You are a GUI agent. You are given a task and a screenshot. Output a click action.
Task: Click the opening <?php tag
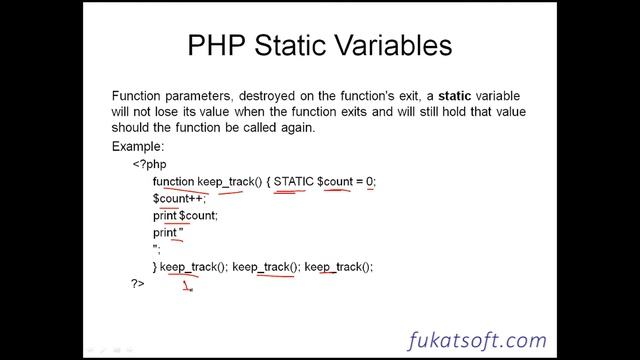pos(150,164)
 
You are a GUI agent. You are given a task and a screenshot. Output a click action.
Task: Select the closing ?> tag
pos(138,284)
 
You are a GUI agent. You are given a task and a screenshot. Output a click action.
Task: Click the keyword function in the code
pos(173,181)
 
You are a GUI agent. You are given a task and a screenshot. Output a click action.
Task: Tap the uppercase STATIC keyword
pos(294,181)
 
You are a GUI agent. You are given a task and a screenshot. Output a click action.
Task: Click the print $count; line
pos(184,215)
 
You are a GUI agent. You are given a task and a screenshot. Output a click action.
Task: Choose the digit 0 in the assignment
pos(369,181)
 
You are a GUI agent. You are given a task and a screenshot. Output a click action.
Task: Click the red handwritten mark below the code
pos(187,288)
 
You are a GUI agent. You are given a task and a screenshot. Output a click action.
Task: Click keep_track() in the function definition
pos(229,181)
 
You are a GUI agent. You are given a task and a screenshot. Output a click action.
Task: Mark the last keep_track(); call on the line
pos(338,266)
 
